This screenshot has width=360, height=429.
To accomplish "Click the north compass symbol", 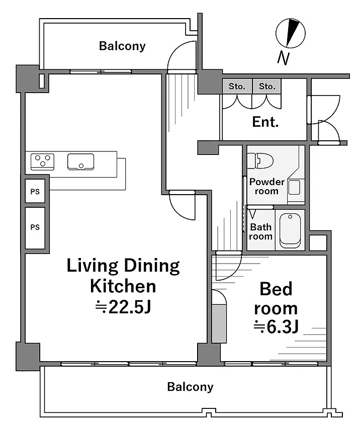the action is click(290, 33).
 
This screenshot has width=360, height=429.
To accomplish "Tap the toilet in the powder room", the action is click(260, 161).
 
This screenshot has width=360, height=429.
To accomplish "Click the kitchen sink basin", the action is click(81, 162).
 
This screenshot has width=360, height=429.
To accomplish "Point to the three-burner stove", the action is click(42, 162).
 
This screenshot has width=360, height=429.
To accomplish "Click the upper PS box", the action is click(35, 191).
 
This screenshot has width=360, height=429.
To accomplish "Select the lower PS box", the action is click(35, 228).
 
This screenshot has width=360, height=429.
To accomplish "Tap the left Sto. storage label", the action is click(237, 87).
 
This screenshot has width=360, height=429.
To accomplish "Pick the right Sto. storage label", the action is click(267, 87).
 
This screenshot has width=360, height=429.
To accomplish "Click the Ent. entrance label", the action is click(265, 122).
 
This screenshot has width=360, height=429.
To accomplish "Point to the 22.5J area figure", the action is click(123, 307).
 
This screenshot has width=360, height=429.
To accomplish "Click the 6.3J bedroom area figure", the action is click(276, 327).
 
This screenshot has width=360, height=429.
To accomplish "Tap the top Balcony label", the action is click(122, 46).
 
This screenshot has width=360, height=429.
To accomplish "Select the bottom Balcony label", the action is click(190, 387).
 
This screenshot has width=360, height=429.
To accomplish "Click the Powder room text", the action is click(267, 186).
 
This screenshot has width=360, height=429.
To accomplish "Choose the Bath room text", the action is click(261, 231).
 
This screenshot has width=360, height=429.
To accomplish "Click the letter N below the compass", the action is click(283, 58).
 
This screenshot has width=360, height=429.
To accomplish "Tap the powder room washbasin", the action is click(294, 188).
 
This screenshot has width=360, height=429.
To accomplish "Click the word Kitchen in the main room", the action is click(123, 286).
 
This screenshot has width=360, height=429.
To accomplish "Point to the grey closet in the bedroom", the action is click(219, 324).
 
